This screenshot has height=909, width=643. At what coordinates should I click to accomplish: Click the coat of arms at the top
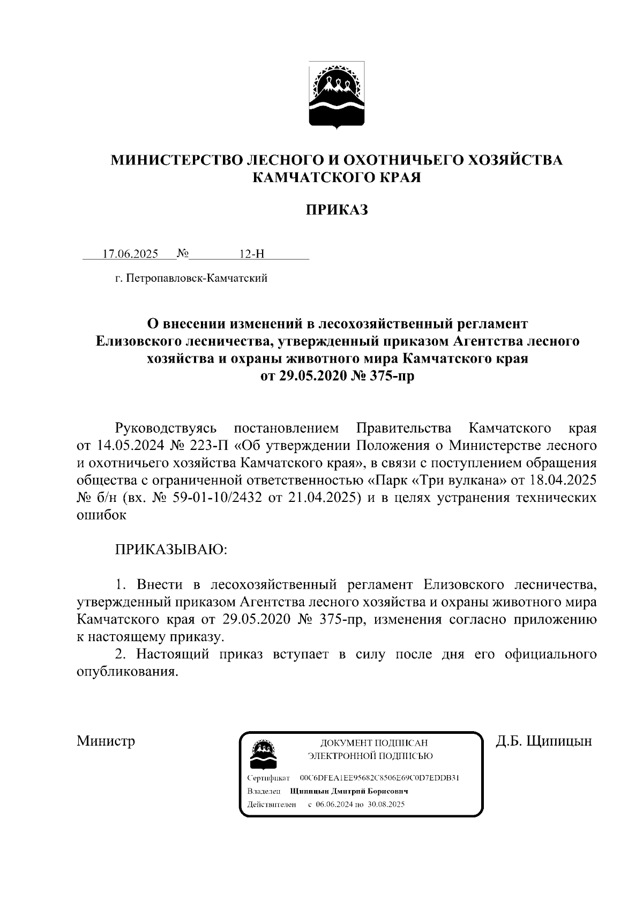(337, 95)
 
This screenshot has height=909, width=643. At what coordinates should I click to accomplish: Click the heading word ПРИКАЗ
(337, 211)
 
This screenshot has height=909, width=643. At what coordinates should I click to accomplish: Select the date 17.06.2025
(130, 254)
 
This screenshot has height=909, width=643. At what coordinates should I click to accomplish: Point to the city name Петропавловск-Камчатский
(195, 278)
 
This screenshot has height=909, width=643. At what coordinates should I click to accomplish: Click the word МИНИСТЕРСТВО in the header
(176, 160)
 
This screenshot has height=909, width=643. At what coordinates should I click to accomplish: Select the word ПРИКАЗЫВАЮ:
(170, 550)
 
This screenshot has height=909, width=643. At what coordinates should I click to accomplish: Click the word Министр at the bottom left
(106, 741)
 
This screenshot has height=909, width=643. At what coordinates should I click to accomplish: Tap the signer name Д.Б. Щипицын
(543, 741)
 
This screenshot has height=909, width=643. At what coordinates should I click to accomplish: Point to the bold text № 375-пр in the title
(383, 377)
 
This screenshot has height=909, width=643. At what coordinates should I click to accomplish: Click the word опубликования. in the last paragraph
(126, 672)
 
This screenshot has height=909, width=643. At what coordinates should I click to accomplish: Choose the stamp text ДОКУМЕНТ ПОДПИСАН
(373, 743)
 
